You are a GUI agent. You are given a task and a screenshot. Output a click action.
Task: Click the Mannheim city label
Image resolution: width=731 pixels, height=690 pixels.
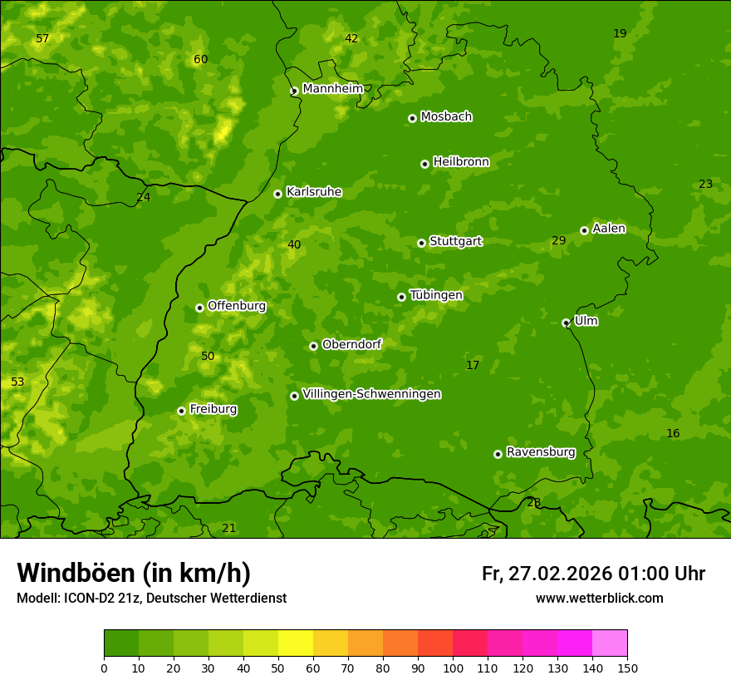click(333, 89)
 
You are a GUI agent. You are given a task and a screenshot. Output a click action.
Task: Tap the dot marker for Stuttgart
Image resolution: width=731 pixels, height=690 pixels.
click(421, 243)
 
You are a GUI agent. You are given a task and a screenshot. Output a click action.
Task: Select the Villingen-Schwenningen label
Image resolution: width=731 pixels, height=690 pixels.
click(371, 394)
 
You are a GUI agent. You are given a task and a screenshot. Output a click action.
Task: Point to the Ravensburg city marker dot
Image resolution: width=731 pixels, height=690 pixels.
click(498, 454)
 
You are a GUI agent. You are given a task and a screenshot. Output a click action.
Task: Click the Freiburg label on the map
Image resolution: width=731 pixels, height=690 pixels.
click(213, 409)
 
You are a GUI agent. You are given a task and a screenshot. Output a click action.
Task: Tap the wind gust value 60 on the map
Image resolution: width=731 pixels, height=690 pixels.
click(200, 59)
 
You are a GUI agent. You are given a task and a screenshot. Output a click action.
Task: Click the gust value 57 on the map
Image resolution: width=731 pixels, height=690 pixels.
click(42, 39)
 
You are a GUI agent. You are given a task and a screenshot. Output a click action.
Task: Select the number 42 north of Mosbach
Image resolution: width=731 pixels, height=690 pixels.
click(351, 38)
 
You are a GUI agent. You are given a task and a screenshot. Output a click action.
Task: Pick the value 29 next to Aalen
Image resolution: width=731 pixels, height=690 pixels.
click(558, 240)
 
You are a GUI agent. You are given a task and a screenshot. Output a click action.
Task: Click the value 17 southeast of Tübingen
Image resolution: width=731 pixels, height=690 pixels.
click(473, 365)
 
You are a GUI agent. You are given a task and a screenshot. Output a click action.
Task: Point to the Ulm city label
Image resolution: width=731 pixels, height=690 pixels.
click(586, 320)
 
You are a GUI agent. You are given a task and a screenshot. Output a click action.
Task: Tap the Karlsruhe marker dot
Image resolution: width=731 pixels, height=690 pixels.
click(277, 194)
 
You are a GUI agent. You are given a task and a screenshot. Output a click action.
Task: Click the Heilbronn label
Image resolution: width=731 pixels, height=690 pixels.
click(461, 162)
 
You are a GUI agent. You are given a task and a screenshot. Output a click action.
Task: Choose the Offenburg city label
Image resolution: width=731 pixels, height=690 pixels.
click(237, 306)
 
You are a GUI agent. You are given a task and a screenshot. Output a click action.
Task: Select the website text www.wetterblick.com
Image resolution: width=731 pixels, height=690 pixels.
click(599, 598)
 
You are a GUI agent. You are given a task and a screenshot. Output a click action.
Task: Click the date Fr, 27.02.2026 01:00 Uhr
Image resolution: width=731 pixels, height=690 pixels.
click(593, 574)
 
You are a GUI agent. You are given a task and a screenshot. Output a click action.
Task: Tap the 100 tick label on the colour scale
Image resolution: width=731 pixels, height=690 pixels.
click(453, 668)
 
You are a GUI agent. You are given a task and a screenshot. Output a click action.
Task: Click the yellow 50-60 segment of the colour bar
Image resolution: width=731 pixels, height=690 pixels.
click(296, 643)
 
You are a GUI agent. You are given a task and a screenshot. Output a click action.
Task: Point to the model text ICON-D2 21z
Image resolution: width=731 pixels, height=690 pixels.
click(101, 598)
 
